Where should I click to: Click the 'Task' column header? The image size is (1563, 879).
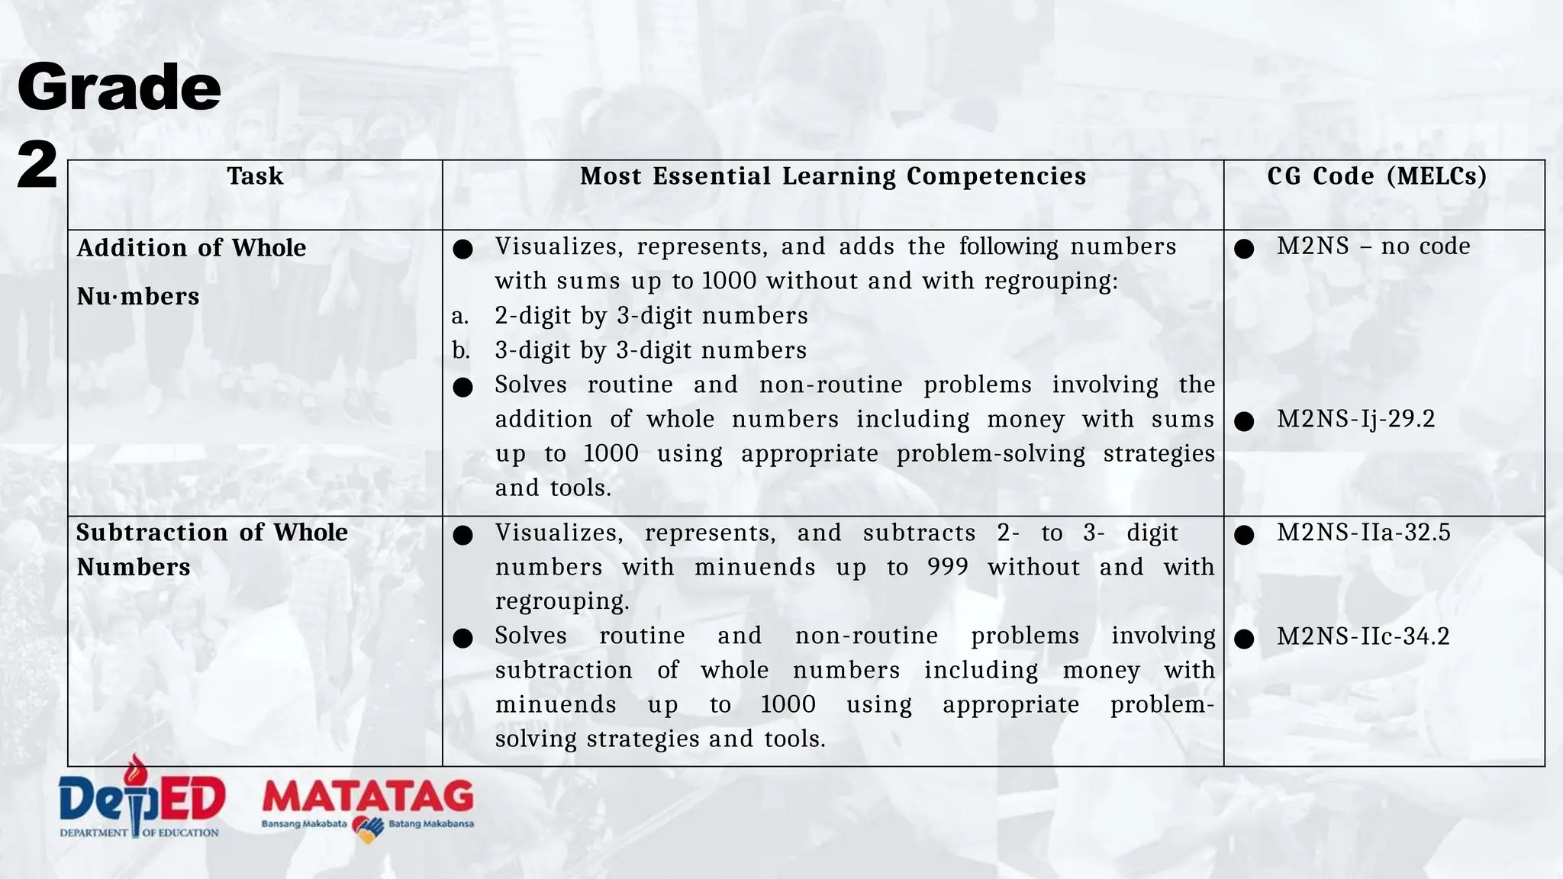click(x=255, y=176)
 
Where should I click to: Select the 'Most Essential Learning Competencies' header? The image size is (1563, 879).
click(x=833, y=176)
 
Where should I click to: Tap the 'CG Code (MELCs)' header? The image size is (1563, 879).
click(x=1377, y=176)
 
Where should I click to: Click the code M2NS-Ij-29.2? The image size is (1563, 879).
click(x=1355, y=419)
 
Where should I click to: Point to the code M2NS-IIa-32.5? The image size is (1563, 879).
click(x=1363, y=533)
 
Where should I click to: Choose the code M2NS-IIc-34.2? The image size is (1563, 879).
click(x=1362, y=636)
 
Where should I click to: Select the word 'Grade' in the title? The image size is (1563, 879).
click(x=119, y=88)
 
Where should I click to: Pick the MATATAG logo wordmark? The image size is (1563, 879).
click(x=368, y=797)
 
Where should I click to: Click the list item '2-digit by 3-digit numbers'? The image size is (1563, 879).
click(x=651, y=316)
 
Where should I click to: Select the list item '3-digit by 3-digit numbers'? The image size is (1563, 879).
click(x=650, y=350)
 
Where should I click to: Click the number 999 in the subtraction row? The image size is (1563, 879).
click(x=948, y=567)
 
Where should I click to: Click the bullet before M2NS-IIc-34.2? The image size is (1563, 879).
click(x=1244, y=639)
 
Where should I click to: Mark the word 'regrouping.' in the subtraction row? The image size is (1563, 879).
click(x=562, y=601)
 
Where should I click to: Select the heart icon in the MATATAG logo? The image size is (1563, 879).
click(x=368, y=829)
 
